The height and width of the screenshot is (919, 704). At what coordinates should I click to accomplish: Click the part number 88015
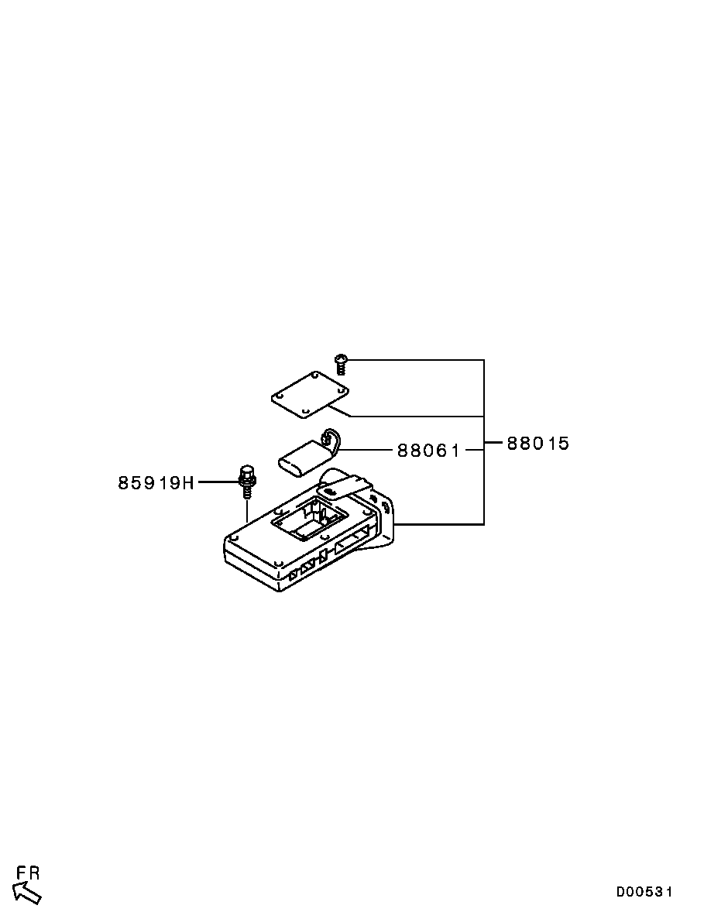(538, 444)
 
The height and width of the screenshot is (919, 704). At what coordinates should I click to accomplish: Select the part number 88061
(428, 450)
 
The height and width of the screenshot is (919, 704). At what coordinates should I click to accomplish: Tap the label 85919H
(155, 483)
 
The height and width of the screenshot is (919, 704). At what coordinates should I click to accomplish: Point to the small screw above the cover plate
(340, 363)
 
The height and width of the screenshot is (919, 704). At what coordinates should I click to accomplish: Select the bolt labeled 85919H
(246, 481)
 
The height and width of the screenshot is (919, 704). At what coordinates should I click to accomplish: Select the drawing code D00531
(644, 892)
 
